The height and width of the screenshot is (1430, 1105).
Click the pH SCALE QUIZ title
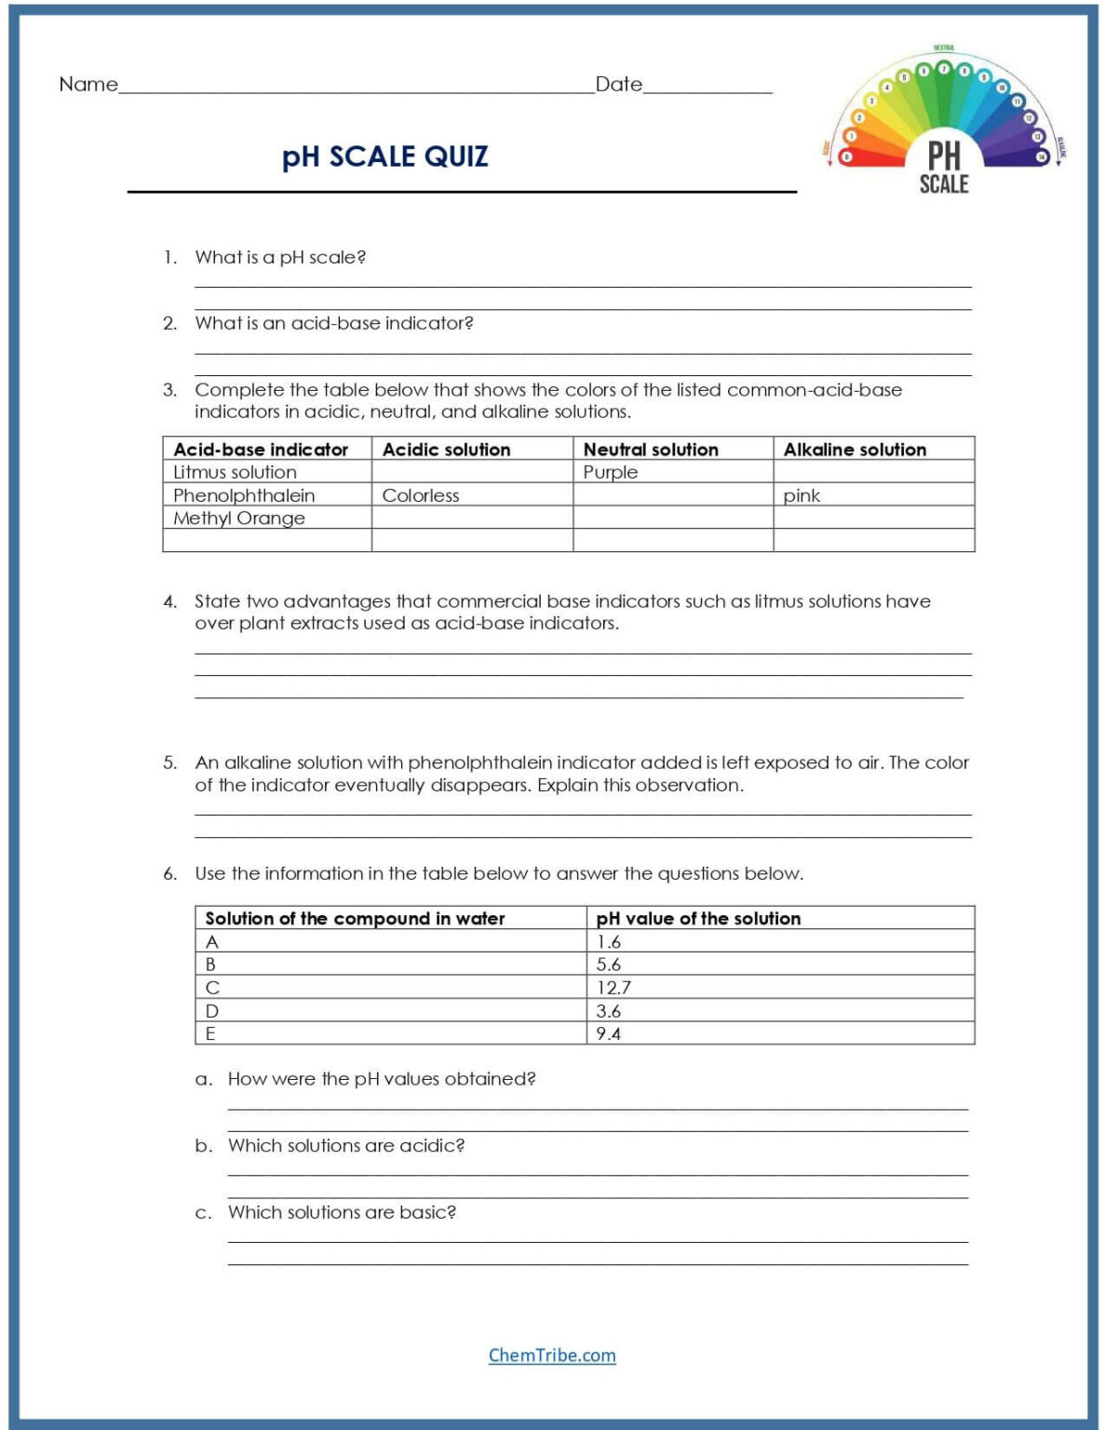tap(384, 156)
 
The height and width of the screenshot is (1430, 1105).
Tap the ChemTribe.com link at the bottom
tap(552, 1356)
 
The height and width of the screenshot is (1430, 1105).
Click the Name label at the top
tap(88, 85)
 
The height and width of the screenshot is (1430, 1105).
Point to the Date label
tap(618, 85)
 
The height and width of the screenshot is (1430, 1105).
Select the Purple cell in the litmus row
tap(611, 472)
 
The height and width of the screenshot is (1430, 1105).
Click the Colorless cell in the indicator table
tap(421, 495)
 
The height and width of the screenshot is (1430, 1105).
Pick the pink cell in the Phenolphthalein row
tap(802, 495)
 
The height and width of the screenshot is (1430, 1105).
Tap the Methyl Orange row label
tap(239, 519)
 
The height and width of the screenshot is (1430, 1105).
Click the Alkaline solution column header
tap(855, 450)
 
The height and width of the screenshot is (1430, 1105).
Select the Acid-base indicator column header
tap(261, 450)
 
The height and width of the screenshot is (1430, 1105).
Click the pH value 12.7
tap(613, 988)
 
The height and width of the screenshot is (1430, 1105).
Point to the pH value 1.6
tap(609, 942)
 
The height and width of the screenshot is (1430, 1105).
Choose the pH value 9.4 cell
tap(609, 1033)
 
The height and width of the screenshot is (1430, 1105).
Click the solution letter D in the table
tap(212, 1011)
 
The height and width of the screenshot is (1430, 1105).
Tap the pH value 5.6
tap(609, 965)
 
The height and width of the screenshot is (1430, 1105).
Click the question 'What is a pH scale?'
tap(280, 257)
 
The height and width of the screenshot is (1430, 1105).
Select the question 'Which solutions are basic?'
tap(342, 1212)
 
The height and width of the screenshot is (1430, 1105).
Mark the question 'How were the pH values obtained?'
tap(382, 1079)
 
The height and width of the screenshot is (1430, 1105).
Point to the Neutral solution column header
tap(651, 450)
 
